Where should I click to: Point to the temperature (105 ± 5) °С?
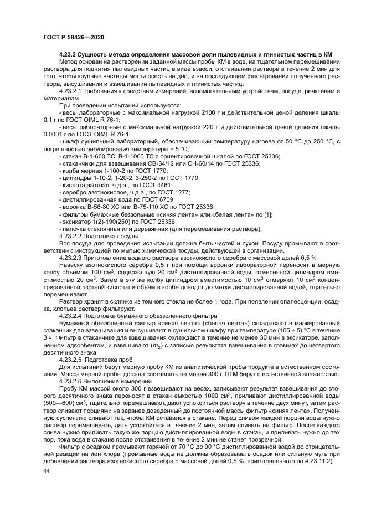[x=279, y=329]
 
